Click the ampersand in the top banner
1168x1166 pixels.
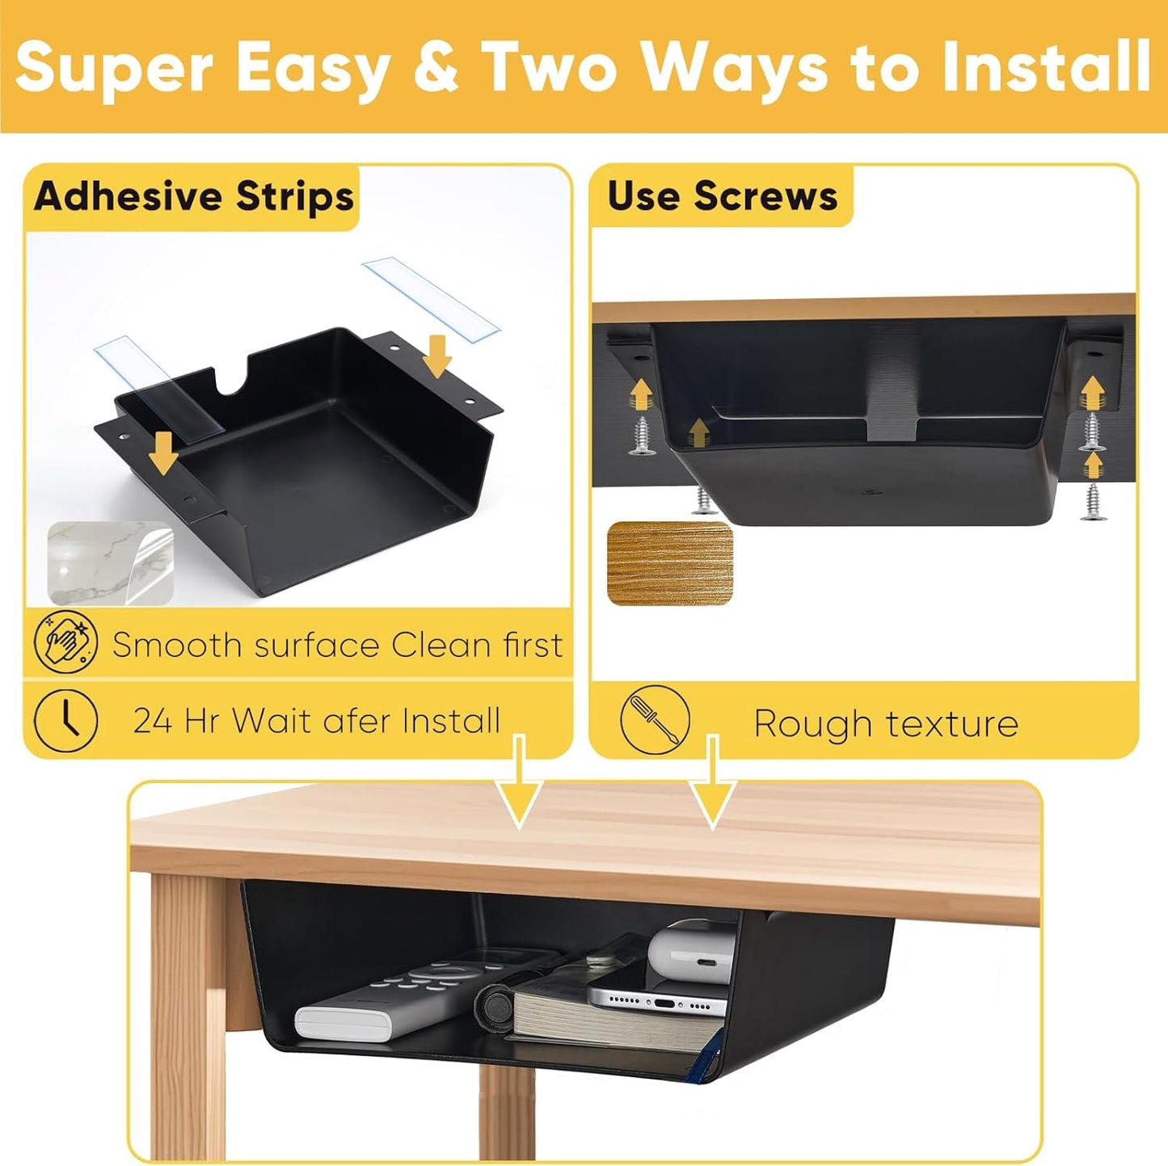point(436,68)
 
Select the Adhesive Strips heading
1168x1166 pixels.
point(194,196)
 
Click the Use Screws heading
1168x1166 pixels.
point(722,196)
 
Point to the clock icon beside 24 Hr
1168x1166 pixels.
point(66,720)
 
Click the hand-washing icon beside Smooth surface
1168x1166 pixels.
point(66,644)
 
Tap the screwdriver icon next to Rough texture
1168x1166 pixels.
point(655,720)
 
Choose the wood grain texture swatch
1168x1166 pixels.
point(669,562)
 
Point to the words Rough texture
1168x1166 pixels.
point(886,723)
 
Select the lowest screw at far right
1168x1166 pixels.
point(1093,501)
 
